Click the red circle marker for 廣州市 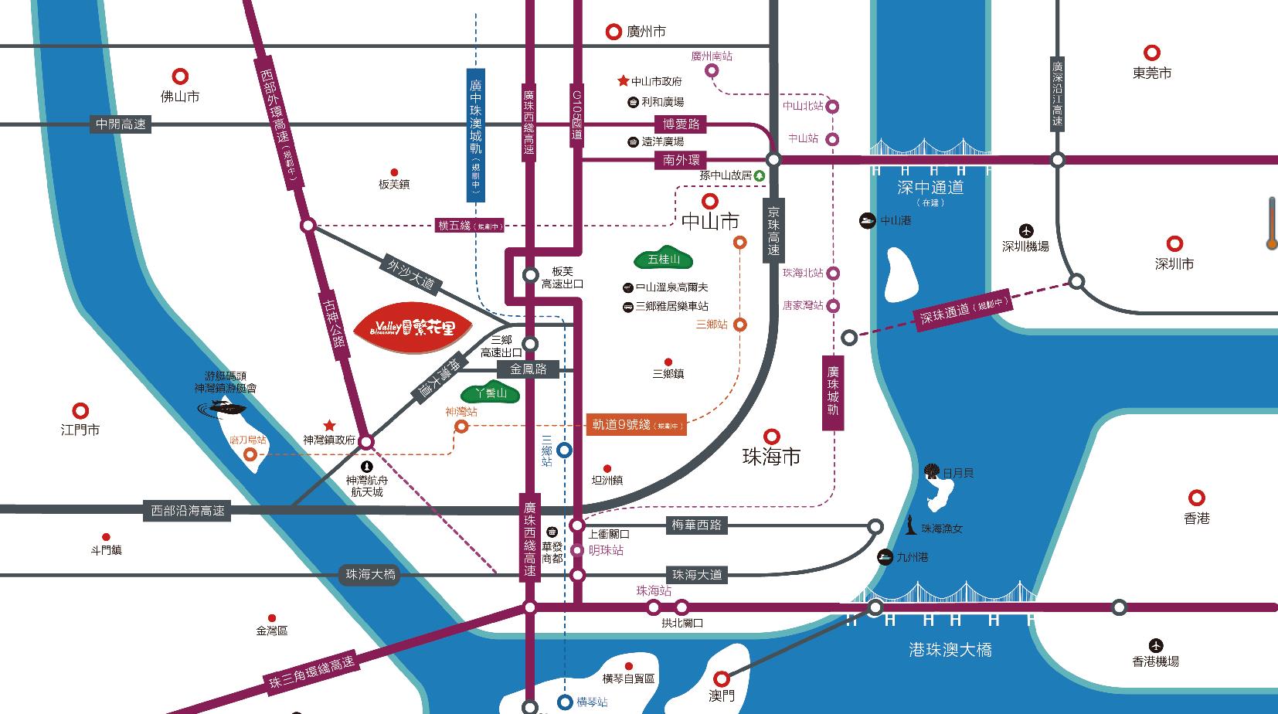coord(614,32)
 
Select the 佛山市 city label coord(180,97)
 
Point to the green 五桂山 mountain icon coord(663,260)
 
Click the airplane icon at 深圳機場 coord(1025,230)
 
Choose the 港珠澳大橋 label coord(950,650)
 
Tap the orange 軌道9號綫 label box coord(636,424)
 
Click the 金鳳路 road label coord(529,369)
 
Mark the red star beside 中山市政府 coord(623,80)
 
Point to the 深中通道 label coord(930,187)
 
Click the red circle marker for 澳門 coord(721,678)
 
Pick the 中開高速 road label coord(121,124)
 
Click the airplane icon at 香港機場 coord(1156,645)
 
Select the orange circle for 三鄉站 coord(740,325)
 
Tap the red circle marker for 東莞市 coord(1152,53)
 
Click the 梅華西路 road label coord(696,525)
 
